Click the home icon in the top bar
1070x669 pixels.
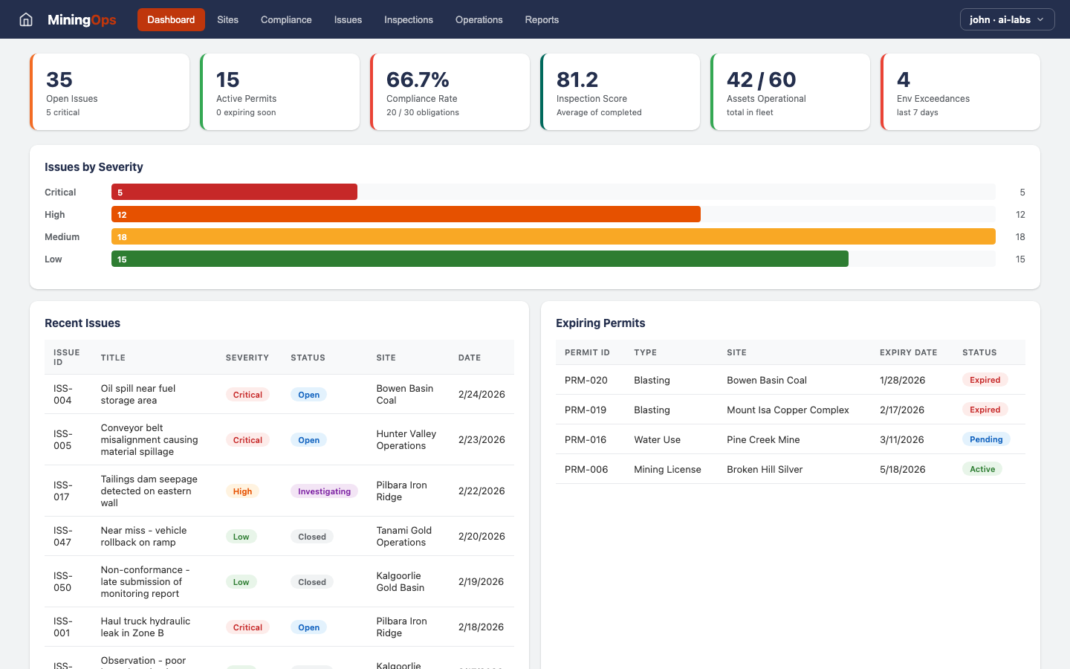[x=26, y=19]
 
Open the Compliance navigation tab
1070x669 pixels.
[x=286, y=19]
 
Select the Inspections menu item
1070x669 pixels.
[x=408, y=19]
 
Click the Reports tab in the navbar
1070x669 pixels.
[x=542, y=19]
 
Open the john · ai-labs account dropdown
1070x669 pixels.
[x=1007, y=19]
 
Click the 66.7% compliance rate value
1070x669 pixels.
[x=418, y=80]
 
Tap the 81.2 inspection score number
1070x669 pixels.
[x=577, y=80]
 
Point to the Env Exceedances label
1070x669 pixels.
[x=933, y=99]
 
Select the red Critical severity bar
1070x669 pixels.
[x=234, y=193]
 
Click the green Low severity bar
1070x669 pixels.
[x=479, y=259]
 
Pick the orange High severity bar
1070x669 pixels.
[x=406, y=215]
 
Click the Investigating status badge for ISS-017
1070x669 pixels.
[x=324, y=491]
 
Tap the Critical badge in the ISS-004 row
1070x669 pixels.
[x=247, y=395]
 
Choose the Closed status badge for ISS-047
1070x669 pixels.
[x=312, y=537]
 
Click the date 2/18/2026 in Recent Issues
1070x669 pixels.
[x=481, y=627]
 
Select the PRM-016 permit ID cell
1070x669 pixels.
[x=586, y=439]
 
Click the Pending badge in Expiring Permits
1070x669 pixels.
[x=986, y=439]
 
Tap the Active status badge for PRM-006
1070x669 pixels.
[x=982, y=469]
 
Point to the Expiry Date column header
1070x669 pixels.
[x=908, y=352]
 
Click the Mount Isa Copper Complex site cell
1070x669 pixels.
[x=788, y=410]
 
